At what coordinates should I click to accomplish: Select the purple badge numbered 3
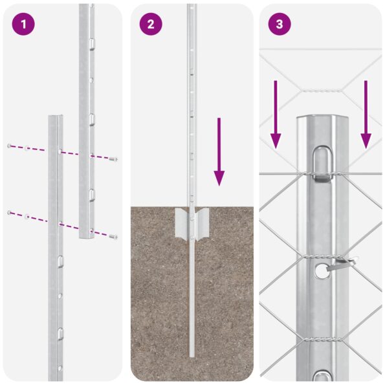(280, 25)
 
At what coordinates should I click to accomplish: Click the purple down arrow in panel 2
(219, 152)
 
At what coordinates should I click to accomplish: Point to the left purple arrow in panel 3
(276, 114)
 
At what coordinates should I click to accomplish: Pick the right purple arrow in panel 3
(366, 114)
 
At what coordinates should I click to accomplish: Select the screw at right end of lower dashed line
(115, 237)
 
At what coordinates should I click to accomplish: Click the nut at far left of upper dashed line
(8, 146)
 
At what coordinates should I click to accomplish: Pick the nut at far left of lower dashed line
(8, 212)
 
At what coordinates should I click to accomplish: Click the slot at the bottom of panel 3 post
(322, 376)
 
